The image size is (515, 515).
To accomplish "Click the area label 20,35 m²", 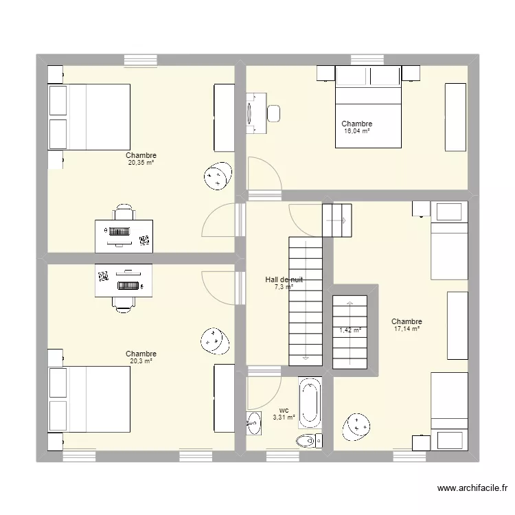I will tap(141, 163).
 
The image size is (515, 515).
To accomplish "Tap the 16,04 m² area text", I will tap(357, 131).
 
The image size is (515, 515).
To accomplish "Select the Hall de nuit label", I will tap(284, 279).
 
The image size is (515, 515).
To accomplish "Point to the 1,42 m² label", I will tap(350, 330).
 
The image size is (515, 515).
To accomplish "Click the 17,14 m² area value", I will tap(407, 329).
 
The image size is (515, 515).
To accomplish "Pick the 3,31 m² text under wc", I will tap(284, 417).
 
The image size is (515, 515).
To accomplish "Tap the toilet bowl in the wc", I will tap(308, 440).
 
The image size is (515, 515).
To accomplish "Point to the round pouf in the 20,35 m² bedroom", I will tap(216, 176).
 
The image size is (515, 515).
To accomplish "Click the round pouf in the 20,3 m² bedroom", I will tap(214, 339).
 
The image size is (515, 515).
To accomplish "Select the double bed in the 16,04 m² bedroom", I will tap(367, 110).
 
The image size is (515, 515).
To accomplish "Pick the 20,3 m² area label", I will tap(141, 361).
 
